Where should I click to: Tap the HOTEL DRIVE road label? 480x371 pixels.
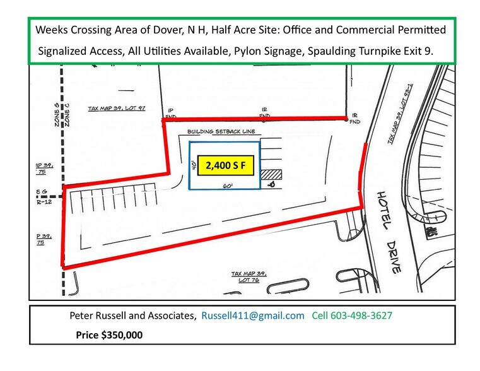click(389, 232)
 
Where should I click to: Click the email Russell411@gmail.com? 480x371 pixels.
click(253, 315)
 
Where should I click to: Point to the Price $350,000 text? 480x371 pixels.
click(110, 335)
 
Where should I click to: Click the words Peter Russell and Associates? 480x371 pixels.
click(132, 315)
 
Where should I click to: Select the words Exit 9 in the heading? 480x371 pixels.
click(417, 52)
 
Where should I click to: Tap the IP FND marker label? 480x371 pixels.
click(169, 112)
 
